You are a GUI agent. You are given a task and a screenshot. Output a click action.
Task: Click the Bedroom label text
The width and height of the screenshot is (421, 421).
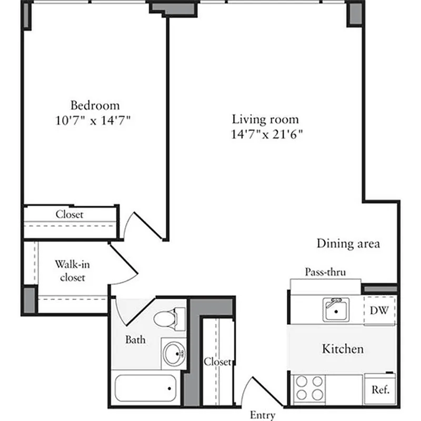coord(95,105)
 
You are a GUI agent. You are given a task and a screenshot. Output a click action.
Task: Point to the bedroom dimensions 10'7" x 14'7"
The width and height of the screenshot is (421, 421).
coord(93,119)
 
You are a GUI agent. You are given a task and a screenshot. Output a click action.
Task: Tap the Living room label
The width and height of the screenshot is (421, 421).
coord(265,119)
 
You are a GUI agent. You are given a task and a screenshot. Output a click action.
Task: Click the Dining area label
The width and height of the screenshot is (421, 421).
coord(348,244)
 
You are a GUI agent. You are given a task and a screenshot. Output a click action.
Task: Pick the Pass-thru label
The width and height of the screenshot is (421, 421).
coord(325,272)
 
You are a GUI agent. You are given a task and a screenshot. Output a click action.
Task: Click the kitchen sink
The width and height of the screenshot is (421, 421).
coord(335,309)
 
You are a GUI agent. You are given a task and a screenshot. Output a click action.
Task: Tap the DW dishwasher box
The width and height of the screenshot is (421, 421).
coord(379,310)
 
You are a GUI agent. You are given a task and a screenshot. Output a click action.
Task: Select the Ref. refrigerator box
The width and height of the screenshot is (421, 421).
coord(379,390)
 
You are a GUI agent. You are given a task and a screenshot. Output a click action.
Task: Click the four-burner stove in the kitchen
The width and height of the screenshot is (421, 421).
coord(309,388)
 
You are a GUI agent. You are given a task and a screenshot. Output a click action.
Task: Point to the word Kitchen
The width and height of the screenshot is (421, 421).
coord(343,348)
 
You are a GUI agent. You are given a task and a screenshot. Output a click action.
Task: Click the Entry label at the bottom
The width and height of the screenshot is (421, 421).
coord(262,415)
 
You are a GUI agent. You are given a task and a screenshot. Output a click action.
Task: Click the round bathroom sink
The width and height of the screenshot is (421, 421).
coord(173,354)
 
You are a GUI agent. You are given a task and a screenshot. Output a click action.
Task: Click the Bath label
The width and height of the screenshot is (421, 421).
coord(135,340)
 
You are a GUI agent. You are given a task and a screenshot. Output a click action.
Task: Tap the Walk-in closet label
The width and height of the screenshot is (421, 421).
coord(72,270)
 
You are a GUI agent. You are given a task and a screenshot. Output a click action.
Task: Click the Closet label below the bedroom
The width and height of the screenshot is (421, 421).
coord(69,215)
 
